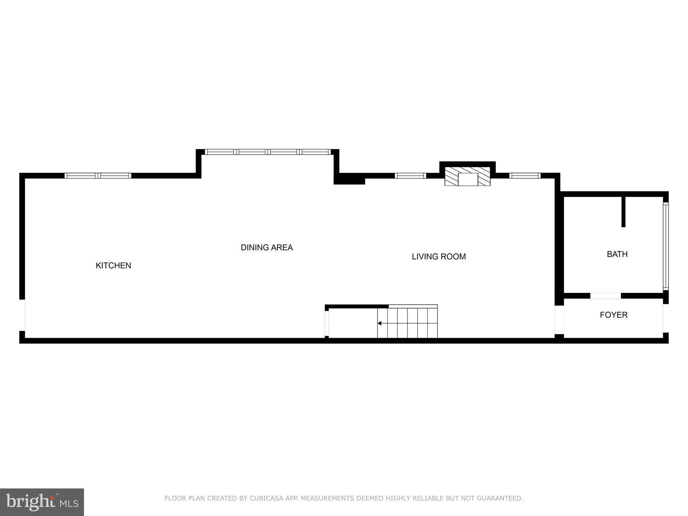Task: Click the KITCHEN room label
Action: click(x=113, y=265)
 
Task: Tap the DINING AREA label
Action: click(x=267, y=248)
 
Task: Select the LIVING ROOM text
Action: click(x=439, y=257)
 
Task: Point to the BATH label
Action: click(x=617, y=254)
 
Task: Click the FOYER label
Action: click(x=613, y=315)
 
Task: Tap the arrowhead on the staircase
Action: click(x=380, y=323)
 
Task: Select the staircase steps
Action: click(x=407, y=323)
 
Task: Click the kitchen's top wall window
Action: click(x=98, y=175)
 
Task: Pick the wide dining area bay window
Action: click(x=268, y=152)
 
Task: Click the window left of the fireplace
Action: click(x=410, y=175)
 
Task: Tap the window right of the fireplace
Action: click(x=525, y=175)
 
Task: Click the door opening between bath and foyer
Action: click(x=605, y=296)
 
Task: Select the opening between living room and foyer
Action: click(x=559, y=319)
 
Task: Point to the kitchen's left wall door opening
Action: click(x=22, y=315)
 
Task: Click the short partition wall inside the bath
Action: click(x=623, y=212)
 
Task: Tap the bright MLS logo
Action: click(x=42, y=502)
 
